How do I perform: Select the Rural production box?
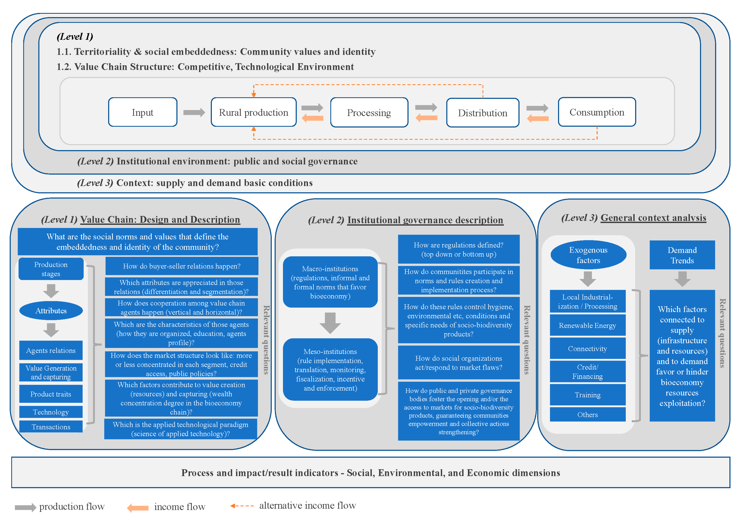pos(253,112)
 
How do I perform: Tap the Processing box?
pos(369,112)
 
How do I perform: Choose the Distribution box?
pos(482,113)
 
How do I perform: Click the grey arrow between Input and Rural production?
pos(194,112)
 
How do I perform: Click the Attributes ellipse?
pos(51,311)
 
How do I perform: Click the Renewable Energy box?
pos(587,325)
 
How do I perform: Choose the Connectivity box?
pos(587,349)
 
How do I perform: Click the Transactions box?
pos(51,427)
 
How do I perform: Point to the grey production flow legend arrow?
pos(25,507)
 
